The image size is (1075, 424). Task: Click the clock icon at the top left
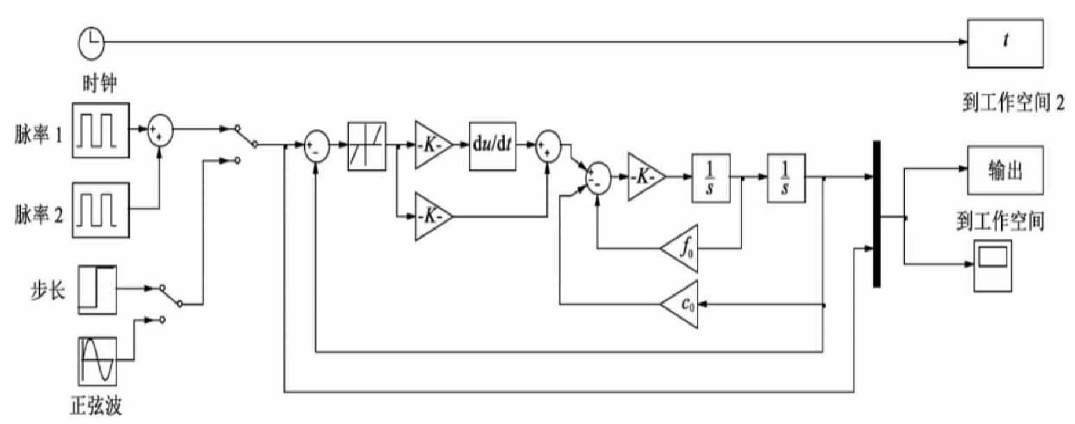pyautogui.click(x=91, y=44)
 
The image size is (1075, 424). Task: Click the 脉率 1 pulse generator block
pyautogui.click(x=100, y=129)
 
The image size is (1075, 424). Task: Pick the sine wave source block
pyautogui.click(x=96, y=361)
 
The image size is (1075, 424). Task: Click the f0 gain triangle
pyautogui.click(x=681, y=248)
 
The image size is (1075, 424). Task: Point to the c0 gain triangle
pyautogui.click(x=681, y=305)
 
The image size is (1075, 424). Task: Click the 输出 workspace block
pyautogui.click(x=1005, y=171)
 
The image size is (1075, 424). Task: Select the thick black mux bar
pyautogui.click(x=876, y=213)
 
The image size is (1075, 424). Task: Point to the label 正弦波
pyautogui.click(x=96, y=404)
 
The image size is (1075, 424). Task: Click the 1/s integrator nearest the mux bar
pyautogui.click(x=785, y=178)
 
